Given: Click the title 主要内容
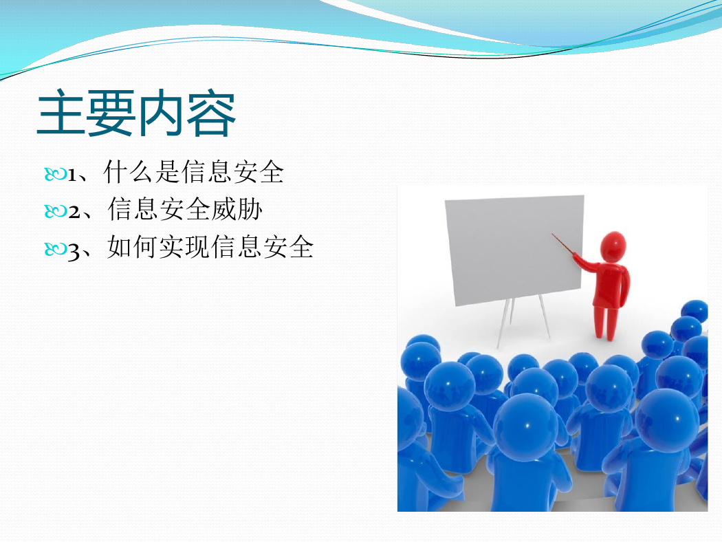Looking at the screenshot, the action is click(x=137, y=113).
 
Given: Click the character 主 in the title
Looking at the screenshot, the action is click(x=61, y=113).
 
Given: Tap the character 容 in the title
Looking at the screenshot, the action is click(x=212, y=113).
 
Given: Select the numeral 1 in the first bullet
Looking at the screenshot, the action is click(x=72, y=175).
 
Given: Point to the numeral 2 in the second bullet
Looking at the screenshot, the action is click(x=74, y=212).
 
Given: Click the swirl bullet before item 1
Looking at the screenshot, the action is click(x=56, y=175).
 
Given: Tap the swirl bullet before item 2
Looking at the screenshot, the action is click(x=56, y=211).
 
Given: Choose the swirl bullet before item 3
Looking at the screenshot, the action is click(x=56, y=249).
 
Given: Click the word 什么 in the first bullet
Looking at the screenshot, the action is click(x=129, y=172).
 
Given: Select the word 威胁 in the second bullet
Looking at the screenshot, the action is click(x=237, y=209).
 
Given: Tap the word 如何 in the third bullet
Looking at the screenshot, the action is click(x=133, y=246).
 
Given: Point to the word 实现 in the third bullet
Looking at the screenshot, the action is click(x=184, y=246).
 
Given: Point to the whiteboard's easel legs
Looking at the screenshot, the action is click(x=523, y=323).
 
